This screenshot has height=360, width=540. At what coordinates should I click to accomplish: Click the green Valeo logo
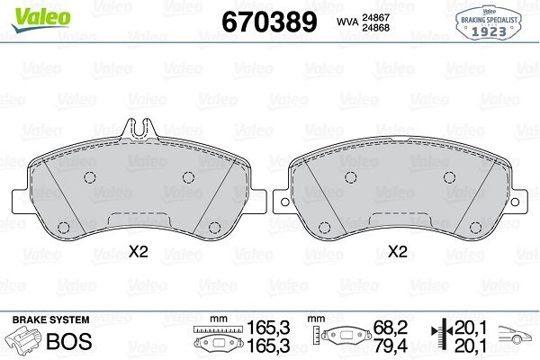[41, 19]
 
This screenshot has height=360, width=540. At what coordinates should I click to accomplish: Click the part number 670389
[269, 22]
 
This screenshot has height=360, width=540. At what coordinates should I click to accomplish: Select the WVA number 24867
[375, 17]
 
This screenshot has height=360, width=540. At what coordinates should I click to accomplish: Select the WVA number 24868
[375, 28]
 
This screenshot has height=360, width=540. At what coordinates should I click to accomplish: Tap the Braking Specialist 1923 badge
[489, 23]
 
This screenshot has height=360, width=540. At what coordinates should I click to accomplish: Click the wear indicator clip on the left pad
[139, 130]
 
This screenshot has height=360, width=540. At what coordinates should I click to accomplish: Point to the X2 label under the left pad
[139, 252]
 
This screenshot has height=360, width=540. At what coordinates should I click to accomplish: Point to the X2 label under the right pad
[398, 252]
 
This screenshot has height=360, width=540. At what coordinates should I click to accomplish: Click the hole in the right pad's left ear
[284, 202]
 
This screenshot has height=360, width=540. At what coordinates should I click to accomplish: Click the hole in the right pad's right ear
[515, 202]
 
